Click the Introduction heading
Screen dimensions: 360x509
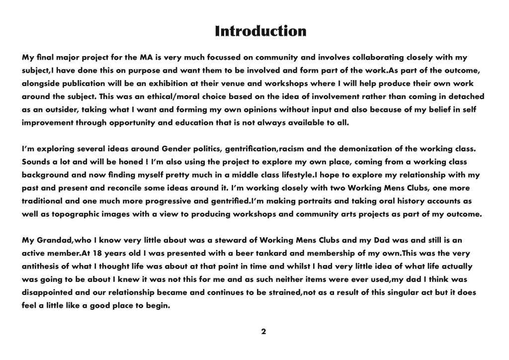(x=260, y=31)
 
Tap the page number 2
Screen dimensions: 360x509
(x=263, y=331)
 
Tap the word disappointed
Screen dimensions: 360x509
(x=49, y=292)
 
